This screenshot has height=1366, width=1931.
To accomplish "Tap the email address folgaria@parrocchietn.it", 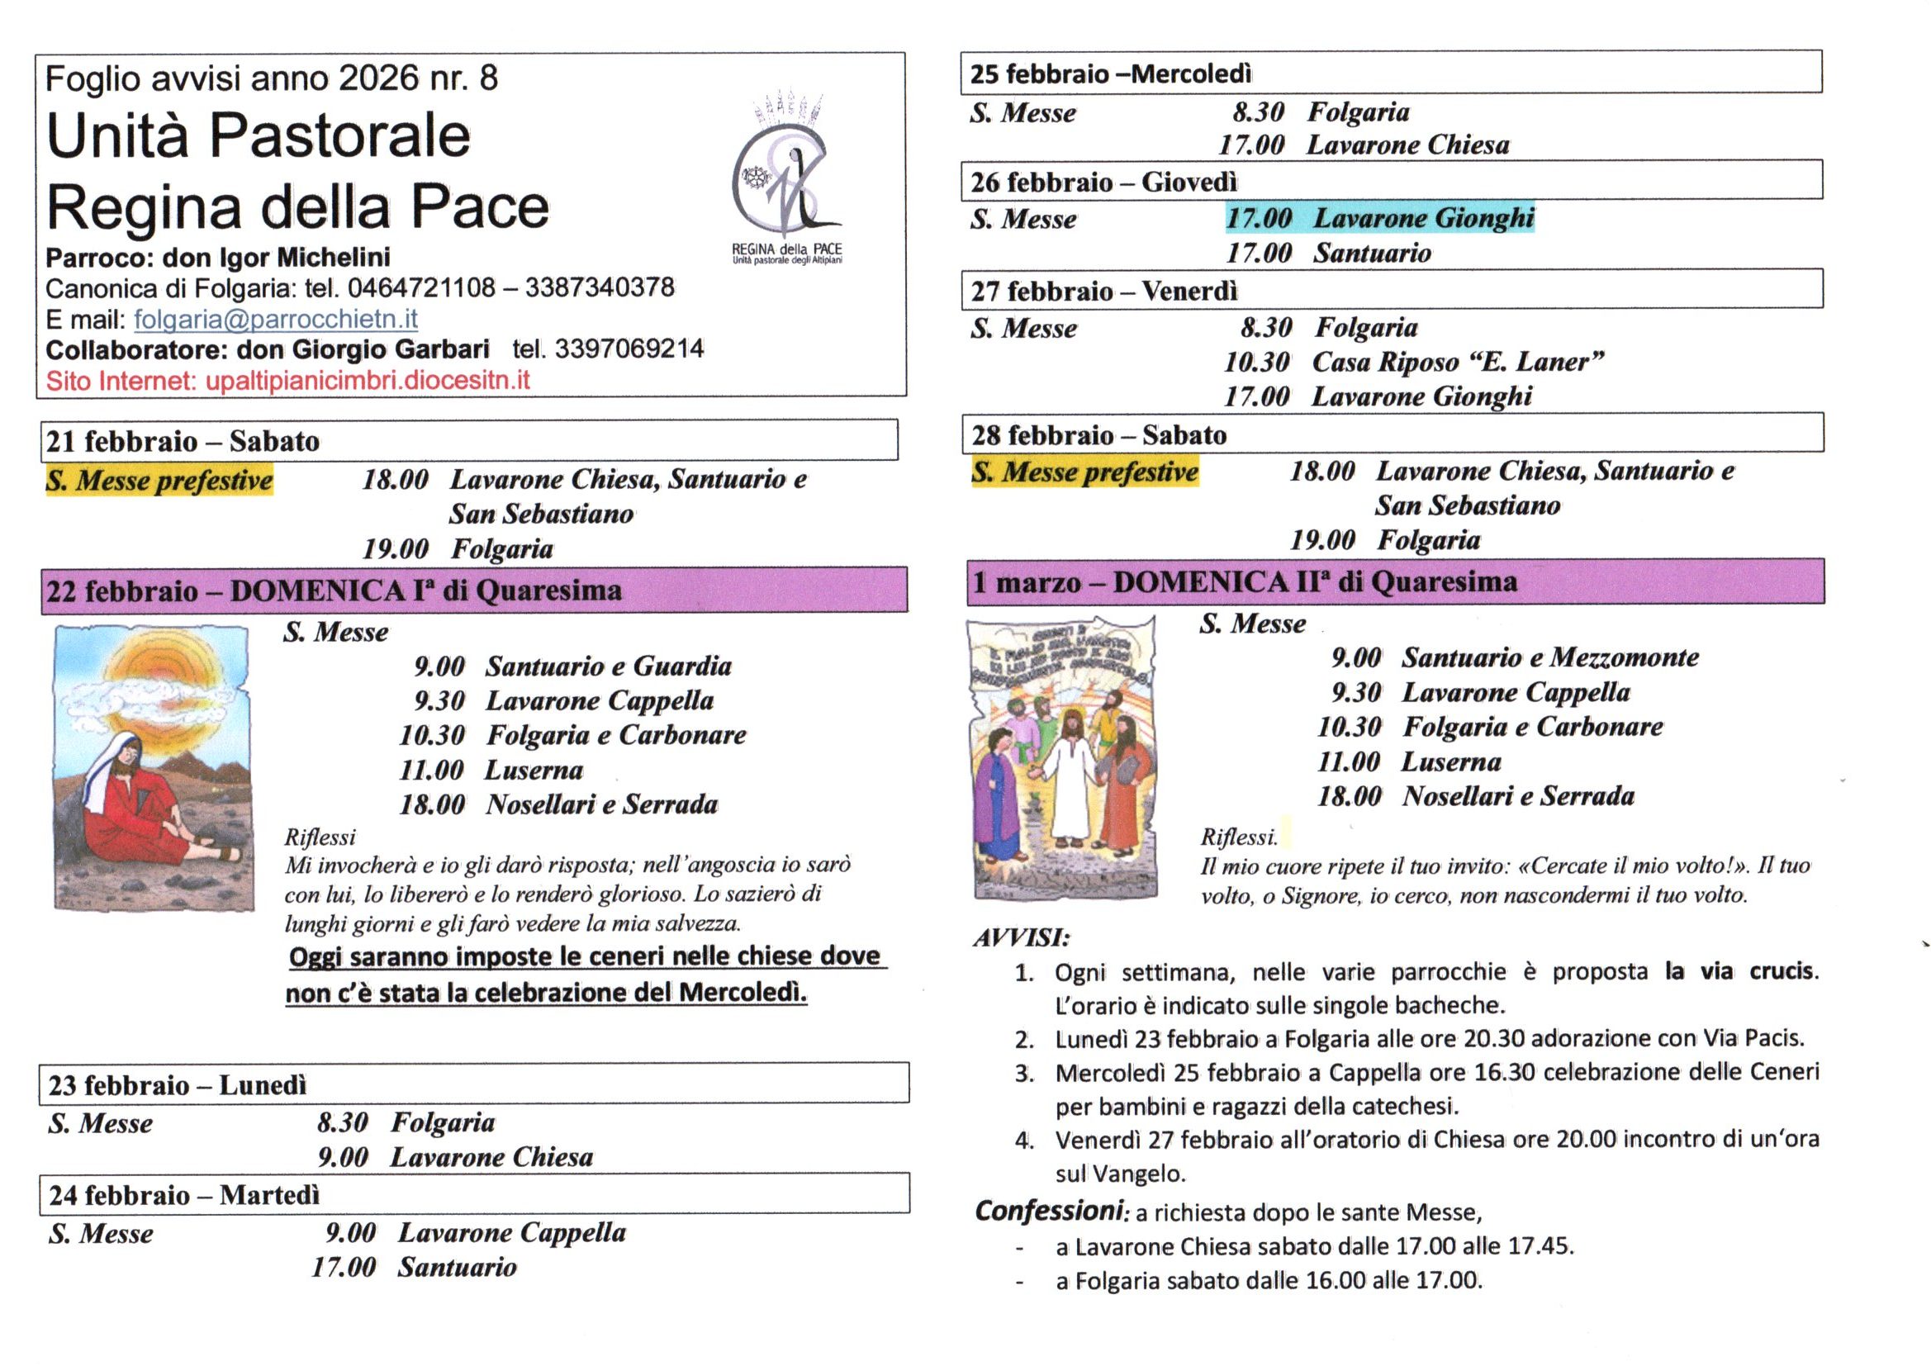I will pos(275,320).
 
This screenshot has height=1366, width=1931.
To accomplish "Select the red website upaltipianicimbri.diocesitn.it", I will pos(368,381).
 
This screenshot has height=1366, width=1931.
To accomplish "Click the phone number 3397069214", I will pos(629,349).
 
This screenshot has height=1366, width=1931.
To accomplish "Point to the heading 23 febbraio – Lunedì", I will pos(178,1085).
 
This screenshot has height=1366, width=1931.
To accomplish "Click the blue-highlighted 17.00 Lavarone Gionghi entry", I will pos(1379,219).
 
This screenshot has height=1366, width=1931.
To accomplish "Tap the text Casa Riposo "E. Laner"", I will pos(1458,363).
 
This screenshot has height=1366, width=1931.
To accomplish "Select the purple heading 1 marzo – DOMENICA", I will pos(1245,582).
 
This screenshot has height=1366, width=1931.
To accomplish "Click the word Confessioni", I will pos(1049,1212).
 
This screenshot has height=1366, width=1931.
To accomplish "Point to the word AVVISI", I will pos(1021,938).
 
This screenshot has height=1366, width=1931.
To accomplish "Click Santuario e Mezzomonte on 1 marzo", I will pos(1549,657).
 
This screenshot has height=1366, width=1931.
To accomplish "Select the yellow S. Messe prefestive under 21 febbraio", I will pos(159,481).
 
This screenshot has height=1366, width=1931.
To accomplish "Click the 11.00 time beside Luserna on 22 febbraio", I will pos(431,771).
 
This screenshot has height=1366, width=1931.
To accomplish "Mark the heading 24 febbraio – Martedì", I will pos(184,1195).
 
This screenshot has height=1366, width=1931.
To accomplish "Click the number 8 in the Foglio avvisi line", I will pos(488,78).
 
